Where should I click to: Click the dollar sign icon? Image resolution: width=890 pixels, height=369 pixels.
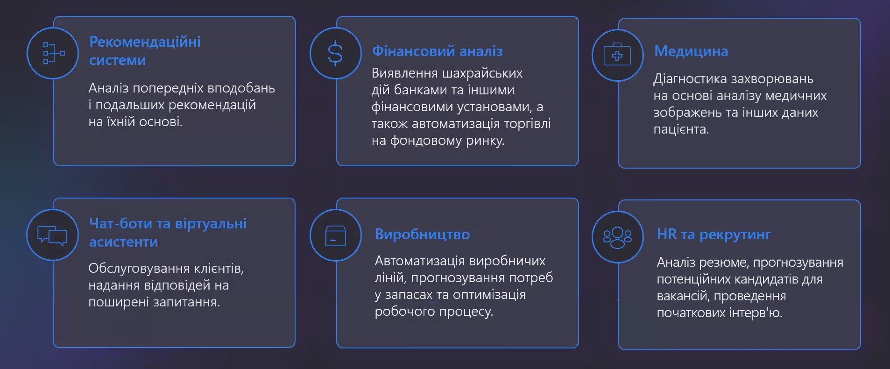coord(335,53)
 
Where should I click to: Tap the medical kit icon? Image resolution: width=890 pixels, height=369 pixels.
coord(617,56)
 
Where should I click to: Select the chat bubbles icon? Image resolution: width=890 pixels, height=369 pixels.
coord(52,235)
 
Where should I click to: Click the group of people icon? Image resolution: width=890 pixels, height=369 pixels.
coord(617,237)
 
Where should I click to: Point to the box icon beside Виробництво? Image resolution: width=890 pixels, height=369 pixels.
coord(335,236)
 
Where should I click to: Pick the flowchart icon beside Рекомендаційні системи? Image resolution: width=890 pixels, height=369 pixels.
coord(54,53)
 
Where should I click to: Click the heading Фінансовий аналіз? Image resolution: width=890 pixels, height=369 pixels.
coord(437,51)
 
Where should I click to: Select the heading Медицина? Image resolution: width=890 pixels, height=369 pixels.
coord(691,51)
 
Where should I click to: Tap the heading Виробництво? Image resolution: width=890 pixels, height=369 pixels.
coord(422,234)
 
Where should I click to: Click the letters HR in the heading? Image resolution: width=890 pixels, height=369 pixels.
coord(666,234)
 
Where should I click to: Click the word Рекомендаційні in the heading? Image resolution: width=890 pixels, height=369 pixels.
coord(145,42)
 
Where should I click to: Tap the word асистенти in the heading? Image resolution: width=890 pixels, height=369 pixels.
coord(123,242)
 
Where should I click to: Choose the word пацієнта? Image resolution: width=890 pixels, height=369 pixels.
coord(681,129)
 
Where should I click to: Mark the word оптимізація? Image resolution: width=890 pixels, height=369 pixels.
coord(489,295)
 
